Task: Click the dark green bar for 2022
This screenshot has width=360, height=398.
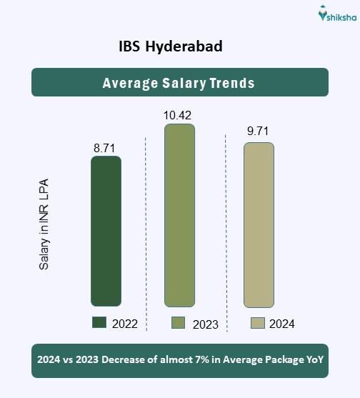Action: click(106, 231)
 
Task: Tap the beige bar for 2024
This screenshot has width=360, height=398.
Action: click(259, 225)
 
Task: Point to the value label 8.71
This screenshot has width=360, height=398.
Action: click(105, 148)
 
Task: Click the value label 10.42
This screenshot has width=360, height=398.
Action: click(178, 115)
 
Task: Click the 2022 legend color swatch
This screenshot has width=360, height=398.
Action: click(99, 323)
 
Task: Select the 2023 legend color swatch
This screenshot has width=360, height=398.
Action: click(179, 323)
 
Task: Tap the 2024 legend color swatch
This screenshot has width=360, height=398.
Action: click(258, 323)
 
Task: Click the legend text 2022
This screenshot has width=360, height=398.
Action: click(124, 324)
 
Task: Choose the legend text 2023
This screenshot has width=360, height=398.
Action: click(205, 324)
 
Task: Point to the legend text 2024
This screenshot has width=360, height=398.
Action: click(282, 324)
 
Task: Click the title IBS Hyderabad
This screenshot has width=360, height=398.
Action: click(171, 46)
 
